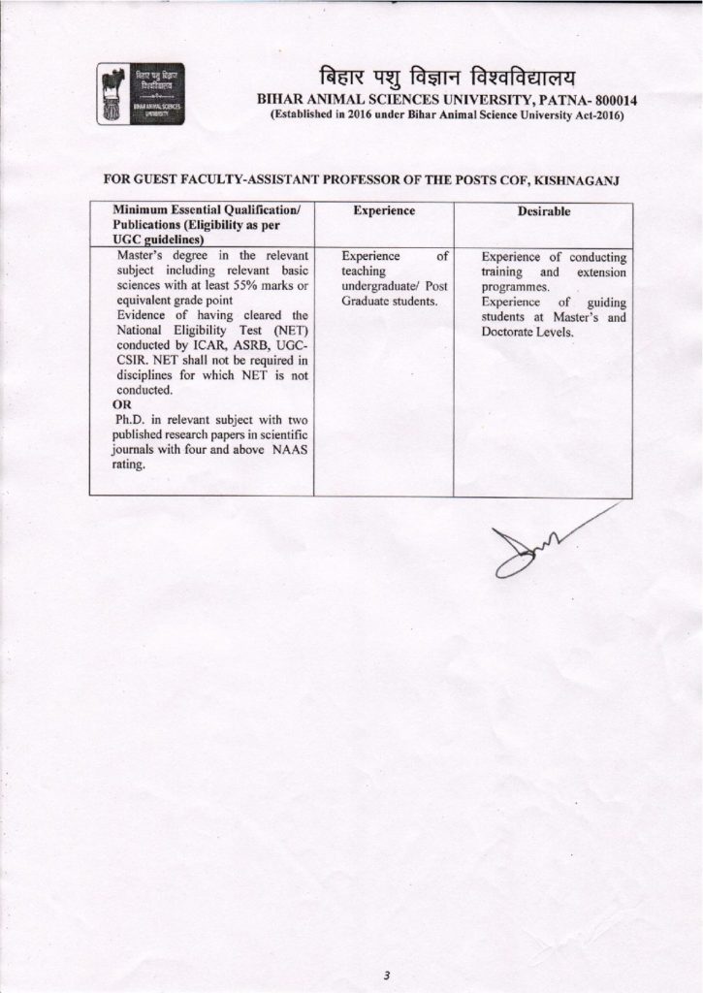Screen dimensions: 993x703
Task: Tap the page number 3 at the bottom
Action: (385, 947)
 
